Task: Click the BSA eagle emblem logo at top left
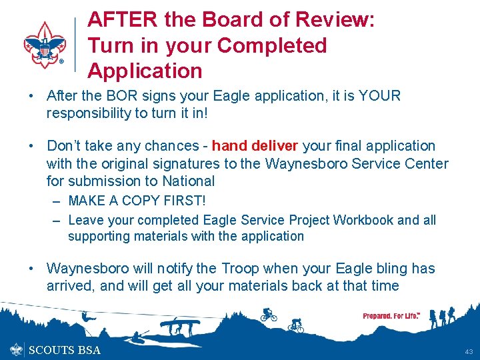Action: [45, 45]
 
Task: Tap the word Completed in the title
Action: [272, 45]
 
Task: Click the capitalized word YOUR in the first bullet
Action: [379, 96]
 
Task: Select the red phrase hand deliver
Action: [257, 146]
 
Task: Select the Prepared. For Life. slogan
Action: [391, 315]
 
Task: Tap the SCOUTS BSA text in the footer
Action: [65, 350]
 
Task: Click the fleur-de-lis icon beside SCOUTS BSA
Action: [17, 349]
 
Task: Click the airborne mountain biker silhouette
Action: [268, 314]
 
